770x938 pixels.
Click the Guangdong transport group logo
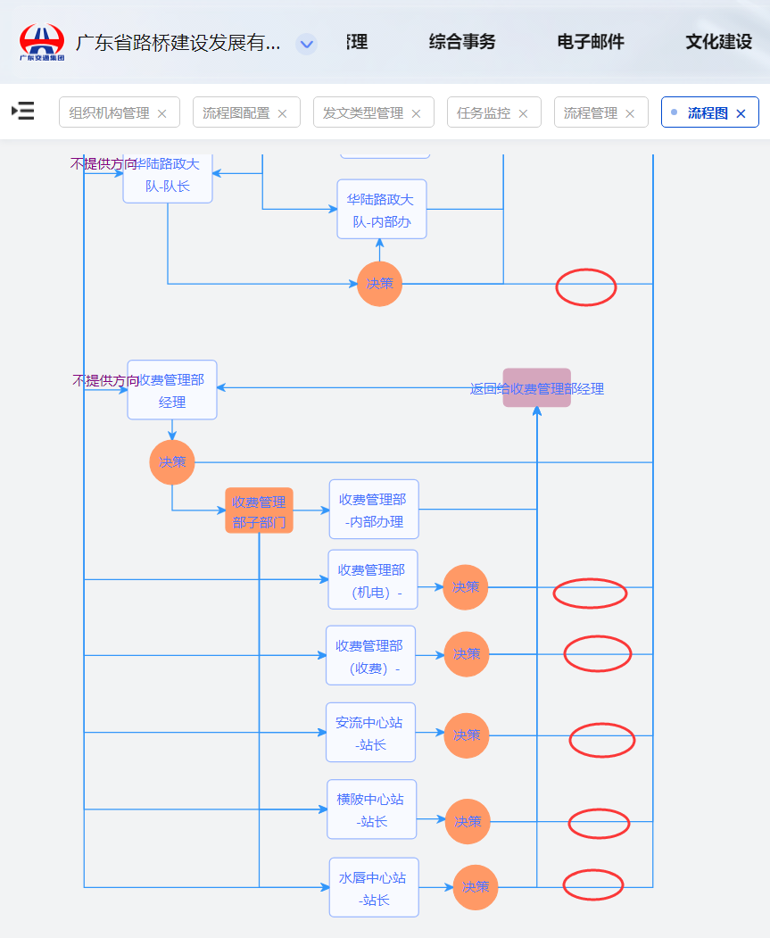pos(42,41)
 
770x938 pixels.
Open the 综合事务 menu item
pos(462,42)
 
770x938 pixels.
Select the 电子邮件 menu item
pos(591,42)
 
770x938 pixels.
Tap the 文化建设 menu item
pos(718,42)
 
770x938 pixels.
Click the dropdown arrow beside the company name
pos(306,44)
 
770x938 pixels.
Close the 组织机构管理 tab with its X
pos(161,113)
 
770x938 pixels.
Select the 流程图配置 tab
pos(236,113)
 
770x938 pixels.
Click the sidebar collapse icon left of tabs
pos(23,111)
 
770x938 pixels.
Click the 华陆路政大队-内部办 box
pos(382,210)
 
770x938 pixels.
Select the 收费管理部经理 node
pos(172,390)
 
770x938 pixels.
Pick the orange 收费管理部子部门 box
pos(259,511)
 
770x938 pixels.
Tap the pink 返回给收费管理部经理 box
pos(536,388)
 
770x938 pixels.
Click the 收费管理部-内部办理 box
pos(374,510)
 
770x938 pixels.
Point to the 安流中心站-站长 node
pos(370,733)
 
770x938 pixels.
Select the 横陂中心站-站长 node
pos(371,809)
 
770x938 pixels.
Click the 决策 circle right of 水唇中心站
pos(476,887)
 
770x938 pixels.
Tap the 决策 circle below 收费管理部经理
pos(172,462)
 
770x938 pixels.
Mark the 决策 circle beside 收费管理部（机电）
pos(466,587)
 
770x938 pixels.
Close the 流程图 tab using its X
pos(741,113)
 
